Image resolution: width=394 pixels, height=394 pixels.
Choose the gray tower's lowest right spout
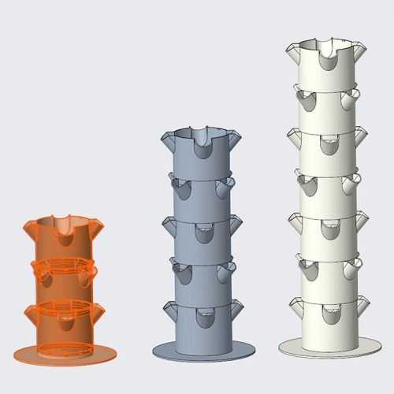tap(235, 307)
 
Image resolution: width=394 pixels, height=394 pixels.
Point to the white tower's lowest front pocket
tap(330, 313)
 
